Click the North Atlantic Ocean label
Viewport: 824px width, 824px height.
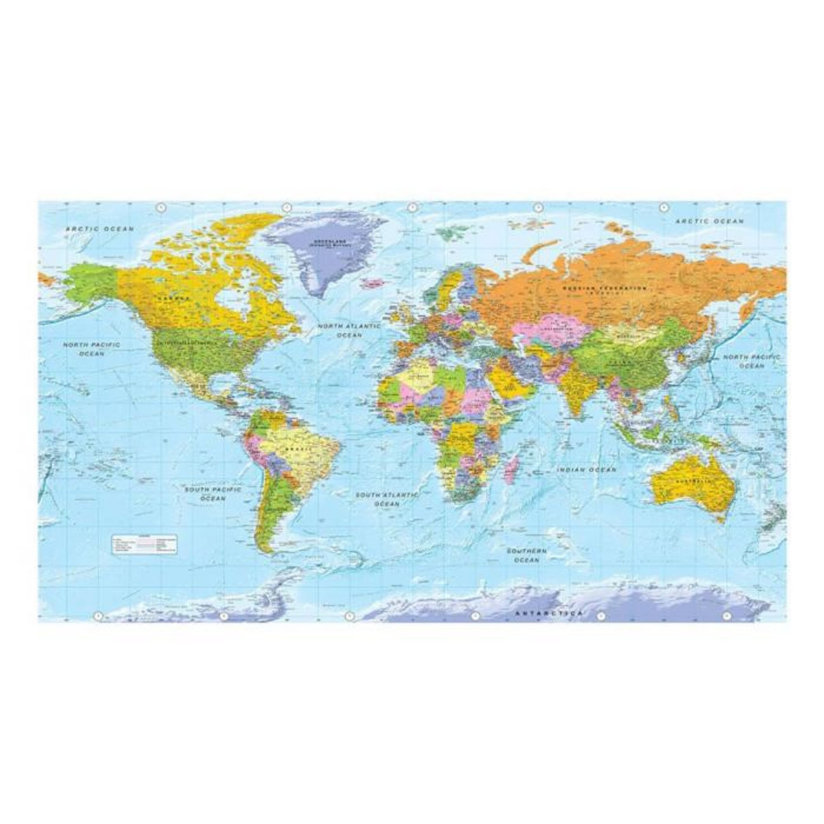point(349,330)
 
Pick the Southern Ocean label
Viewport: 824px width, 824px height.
point(527,556)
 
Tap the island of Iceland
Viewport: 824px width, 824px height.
point(375,282)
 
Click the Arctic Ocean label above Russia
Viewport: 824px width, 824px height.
point(709,221)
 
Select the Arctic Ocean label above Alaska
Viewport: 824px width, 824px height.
point(100,228)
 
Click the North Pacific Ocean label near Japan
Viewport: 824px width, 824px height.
point(751,362)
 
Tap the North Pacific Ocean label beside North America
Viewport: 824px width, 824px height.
point(91,349)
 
